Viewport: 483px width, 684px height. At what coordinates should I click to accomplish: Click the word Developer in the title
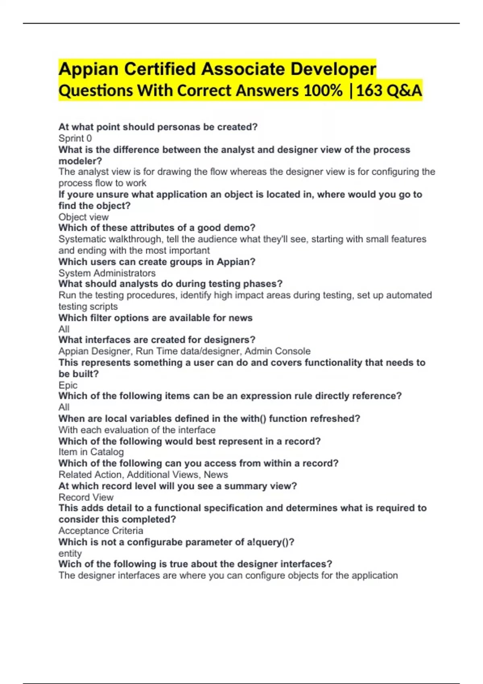point(333,69)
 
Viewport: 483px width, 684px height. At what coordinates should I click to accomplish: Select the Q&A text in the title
point(404,91)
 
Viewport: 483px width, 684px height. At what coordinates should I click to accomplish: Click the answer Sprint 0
point(75,138)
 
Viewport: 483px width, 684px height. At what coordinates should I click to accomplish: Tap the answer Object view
point(83,217)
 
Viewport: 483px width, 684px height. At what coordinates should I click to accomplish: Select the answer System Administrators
point(107,273)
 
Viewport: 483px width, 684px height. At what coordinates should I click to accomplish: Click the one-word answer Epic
point(68,385)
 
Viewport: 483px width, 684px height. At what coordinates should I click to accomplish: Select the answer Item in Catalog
point(91,452)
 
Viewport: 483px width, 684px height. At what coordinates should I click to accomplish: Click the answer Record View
point(86,497)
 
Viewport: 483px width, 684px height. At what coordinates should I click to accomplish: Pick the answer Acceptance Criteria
point(101,531)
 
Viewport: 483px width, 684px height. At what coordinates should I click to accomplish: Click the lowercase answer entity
point(70,554)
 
